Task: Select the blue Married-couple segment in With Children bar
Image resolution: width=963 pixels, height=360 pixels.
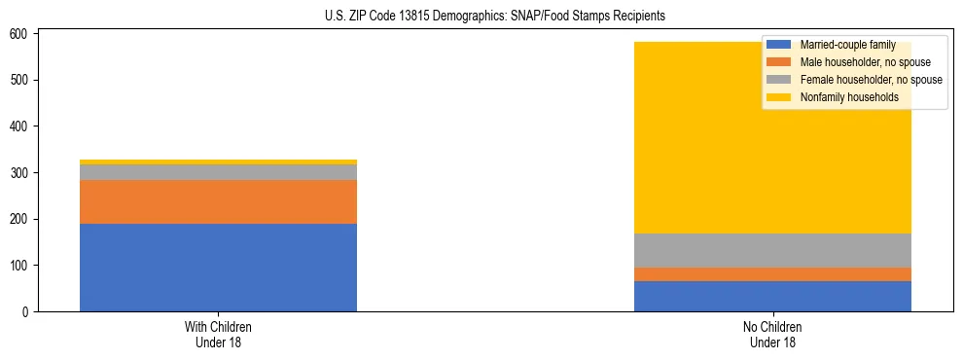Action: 218,268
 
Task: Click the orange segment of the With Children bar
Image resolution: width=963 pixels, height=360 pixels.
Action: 218,201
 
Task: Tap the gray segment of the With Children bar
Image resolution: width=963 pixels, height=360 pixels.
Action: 218,172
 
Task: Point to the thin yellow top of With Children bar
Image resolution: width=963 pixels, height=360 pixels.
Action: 218,162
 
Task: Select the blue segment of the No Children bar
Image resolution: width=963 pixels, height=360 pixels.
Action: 772,296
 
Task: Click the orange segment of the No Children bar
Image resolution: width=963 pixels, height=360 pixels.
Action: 772,274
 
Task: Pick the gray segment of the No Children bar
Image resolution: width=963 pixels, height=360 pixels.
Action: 772,250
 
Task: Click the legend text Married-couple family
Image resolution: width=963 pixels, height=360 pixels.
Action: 847,45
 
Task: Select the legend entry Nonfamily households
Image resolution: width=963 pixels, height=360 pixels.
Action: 848,97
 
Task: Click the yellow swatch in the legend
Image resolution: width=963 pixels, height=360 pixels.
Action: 779,97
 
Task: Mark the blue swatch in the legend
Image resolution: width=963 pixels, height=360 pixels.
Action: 779,45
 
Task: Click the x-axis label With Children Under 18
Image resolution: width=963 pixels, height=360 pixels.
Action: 218,334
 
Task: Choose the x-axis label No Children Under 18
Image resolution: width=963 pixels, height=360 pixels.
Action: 772,334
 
